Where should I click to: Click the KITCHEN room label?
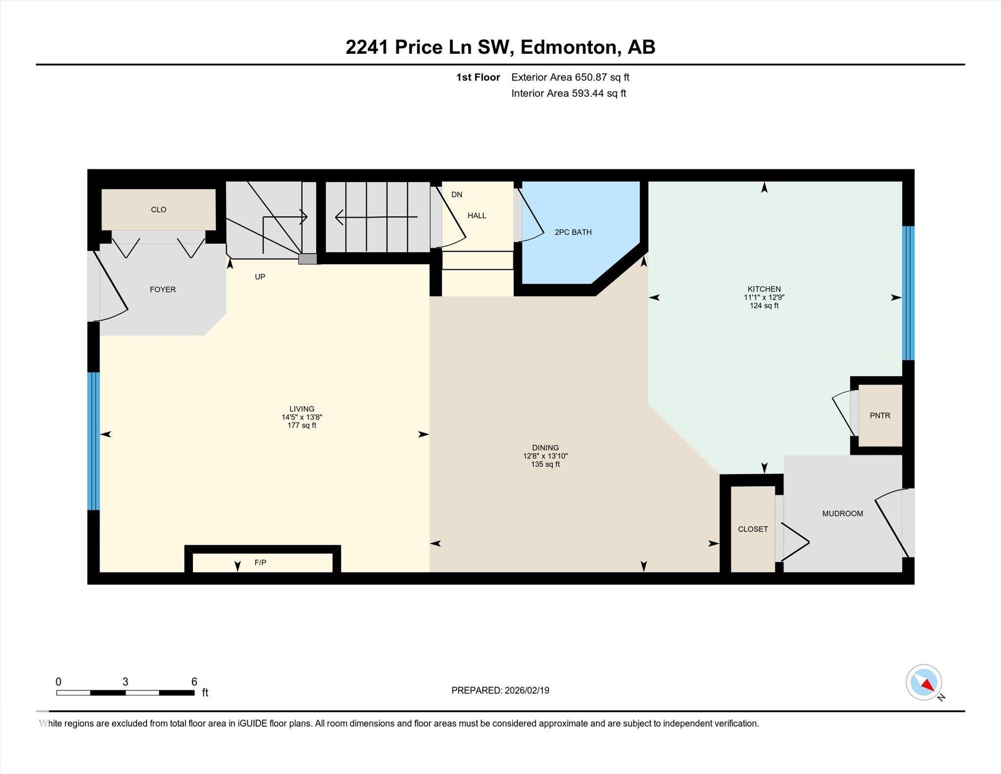(x=764, y=289)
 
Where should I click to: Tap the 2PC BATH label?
(x=573, y=232)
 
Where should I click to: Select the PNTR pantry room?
(x=880, y=416)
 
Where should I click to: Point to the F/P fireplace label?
(x=261, y=563)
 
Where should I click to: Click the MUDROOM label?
(x=843, y=513)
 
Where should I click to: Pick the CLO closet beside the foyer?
(x=158, y=209)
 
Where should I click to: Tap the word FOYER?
(x=163, y=289)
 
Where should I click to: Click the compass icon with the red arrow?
(x=924, y=682)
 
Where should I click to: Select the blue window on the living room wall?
(x=93, y=441)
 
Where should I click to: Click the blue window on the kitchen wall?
(x=908, y=293)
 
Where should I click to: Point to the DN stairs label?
(x=457, y=195)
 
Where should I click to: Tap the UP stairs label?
(x=260, y=277)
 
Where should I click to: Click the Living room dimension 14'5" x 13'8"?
(x=302, y=417)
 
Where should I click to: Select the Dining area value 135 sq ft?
(x=545, y=464)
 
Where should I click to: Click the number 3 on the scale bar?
(x=125, y=682)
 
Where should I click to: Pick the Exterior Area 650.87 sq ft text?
(x=570, y=77)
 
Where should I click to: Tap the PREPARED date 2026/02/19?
(x=527, y=690)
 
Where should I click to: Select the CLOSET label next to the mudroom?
(x=753, y=529)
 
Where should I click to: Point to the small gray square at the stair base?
(x=307, y=259)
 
